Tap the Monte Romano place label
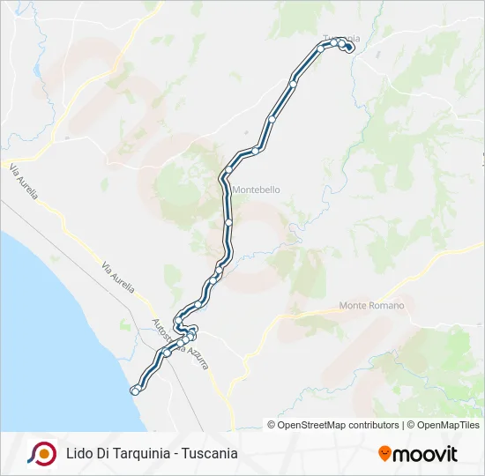371,305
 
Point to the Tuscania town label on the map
341,38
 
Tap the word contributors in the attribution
374,425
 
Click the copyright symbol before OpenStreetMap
272,425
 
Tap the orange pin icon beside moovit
384,454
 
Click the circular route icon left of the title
41,453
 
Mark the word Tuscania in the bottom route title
210,454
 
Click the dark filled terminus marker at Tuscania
350,48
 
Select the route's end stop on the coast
135,390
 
